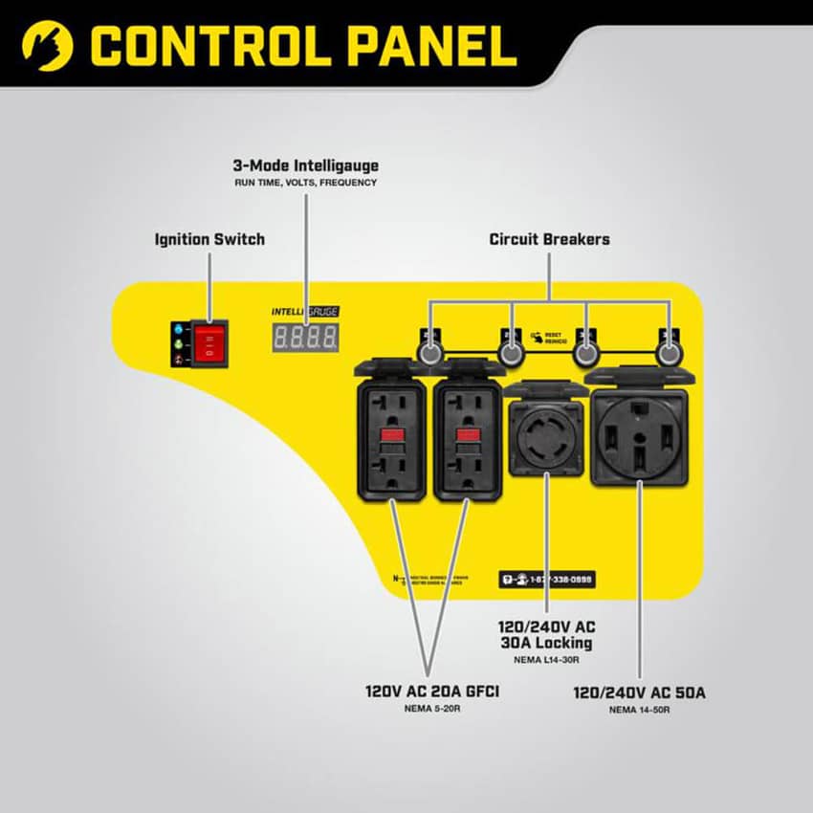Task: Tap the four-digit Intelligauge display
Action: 304,337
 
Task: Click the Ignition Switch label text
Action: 209,238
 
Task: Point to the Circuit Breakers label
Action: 549,238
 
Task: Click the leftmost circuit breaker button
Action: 429,353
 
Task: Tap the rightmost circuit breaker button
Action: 666,353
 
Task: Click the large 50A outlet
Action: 639,436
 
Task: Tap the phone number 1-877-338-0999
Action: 554,580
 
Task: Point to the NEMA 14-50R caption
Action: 639,710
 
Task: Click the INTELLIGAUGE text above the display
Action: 304,312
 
